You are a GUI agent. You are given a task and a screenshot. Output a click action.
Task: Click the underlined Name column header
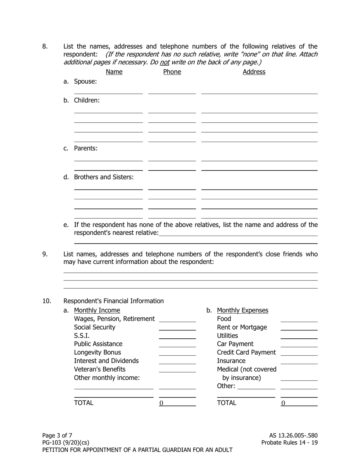114,72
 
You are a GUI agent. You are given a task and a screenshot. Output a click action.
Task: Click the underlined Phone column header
172,72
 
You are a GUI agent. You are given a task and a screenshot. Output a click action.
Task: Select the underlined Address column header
254,72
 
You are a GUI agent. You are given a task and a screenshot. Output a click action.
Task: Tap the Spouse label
85,81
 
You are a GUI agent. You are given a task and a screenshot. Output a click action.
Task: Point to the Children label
87,100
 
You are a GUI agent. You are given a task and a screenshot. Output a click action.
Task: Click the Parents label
86,149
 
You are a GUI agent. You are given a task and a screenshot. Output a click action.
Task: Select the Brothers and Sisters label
103,177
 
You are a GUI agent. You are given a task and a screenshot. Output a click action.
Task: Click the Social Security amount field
177,327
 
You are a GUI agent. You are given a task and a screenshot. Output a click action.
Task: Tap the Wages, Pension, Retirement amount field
177,319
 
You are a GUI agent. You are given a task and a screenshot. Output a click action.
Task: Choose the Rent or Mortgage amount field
299,327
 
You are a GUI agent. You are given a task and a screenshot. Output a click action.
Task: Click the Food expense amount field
299,319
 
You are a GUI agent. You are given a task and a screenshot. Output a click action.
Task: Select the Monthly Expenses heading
243,311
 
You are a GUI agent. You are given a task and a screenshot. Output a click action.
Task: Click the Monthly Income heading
97,311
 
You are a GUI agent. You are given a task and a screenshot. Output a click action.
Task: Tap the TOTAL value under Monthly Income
177,403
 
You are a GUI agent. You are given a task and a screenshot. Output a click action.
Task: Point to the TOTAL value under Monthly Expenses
299,403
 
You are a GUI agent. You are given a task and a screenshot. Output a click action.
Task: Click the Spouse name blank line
108,91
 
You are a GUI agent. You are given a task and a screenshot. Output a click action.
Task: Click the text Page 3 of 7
57,436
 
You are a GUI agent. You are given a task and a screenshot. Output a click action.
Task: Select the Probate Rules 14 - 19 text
290,443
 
